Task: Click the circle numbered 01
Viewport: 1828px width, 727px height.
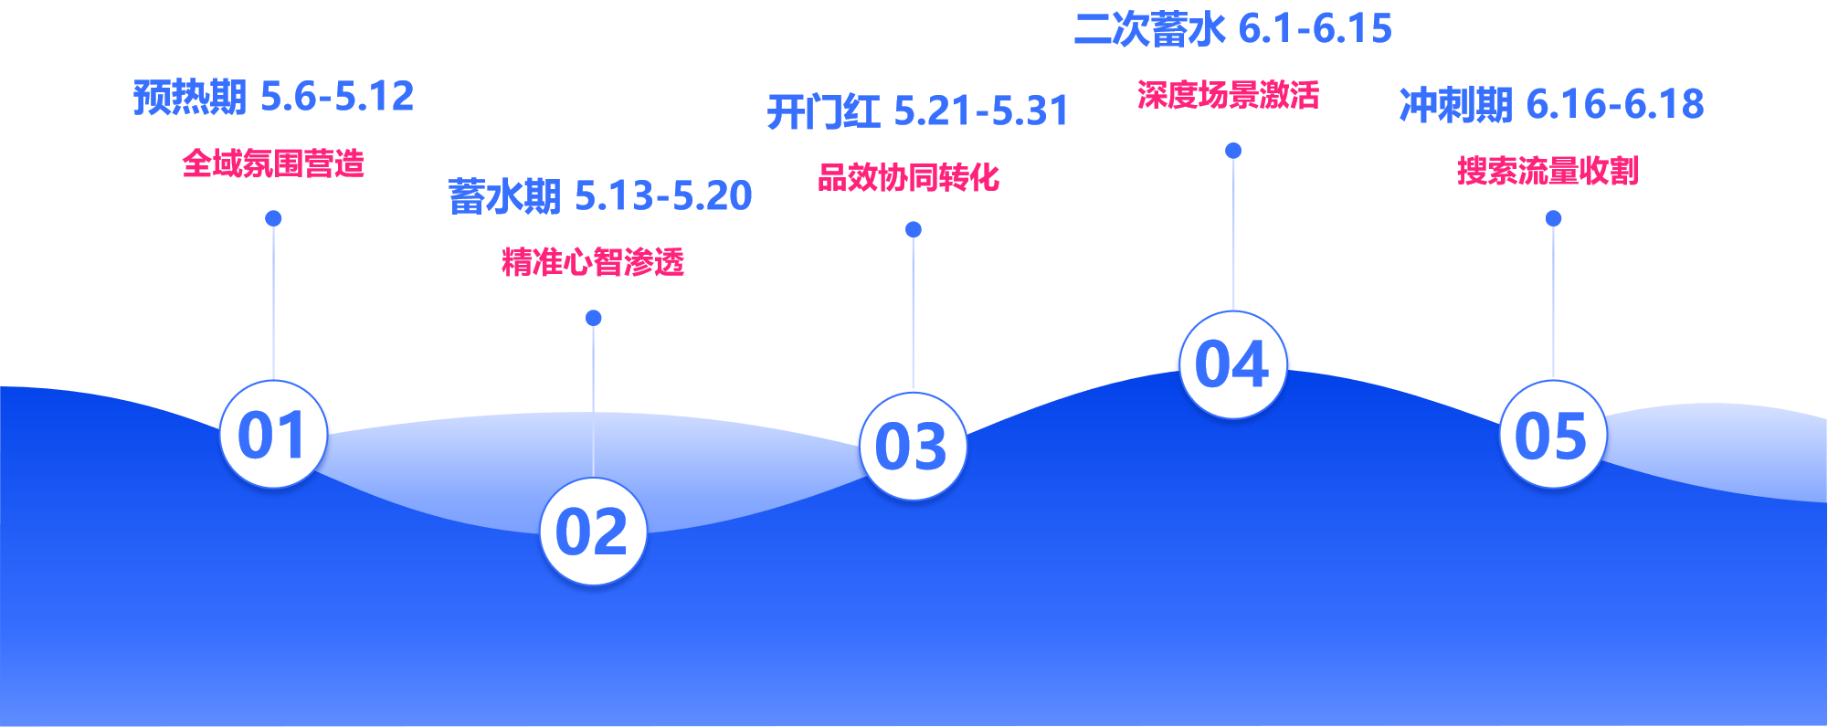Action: (273, 434)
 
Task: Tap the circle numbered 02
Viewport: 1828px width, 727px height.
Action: (593, 531)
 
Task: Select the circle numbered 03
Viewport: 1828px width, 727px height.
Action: (913, 446)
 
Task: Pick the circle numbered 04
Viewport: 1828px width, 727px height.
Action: (1232, 364)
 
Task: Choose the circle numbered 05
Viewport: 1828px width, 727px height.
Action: (1552, 434)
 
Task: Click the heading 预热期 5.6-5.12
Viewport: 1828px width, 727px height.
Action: (273, 96)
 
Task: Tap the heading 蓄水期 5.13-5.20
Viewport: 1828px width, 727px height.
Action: (600, 195)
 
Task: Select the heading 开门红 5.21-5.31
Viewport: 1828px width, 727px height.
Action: (917, 111)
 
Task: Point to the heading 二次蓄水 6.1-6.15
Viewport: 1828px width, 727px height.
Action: (1232, 29)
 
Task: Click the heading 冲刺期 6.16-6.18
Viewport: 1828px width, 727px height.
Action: (1551, 104)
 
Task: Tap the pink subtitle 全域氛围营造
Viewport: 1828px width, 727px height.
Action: (273, 163)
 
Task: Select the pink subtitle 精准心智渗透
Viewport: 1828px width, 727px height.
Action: (593, 262)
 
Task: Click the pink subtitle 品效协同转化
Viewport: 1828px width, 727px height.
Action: (908, 177)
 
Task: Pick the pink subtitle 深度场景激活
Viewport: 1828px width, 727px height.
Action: (1228, 95)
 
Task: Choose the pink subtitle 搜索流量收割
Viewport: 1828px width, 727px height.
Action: (1548, 171)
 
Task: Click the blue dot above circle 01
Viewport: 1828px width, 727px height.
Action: (273, 218)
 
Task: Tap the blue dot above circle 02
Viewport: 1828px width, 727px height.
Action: (593, 318)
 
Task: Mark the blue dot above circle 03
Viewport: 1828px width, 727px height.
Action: (913, 229)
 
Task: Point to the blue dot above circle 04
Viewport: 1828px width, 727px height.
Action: (1232, 150)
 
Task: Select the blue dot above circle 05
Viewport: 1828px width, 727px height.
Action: (1553, 218)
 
